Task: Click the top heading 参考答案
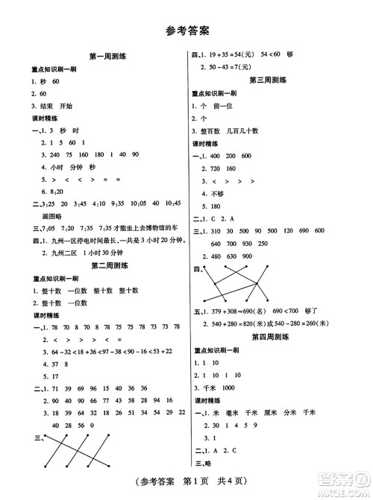pyautogui.click(x=186, y=31)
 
